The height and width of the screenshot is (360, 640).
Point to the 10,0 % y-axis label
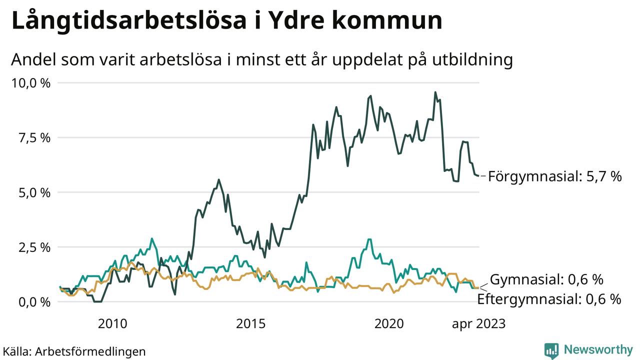30,83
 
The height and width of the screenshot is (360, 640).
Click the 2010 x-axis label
112,324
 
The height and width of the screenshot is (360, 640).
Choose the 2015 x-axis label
251,324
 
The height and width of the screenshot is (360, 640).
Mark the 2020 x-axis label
389,324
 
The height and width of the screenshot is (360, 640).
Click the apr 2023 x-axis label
478,324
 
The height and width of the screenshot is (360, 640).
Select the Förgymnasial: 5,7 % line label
554,176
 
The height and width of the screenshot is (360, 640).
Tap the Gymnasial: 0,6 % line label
546,279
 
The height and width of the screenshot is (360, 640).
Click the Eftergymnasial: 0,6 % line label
549,299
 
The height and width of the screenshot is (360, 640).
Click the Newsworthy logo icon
551,350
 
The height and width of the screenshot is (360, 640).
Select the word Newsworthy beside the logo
598,349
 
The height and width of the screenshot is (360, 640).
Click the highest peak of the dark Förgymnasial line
435,92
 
